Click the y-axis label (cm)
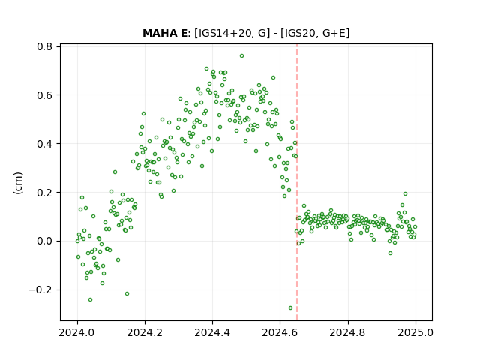pyautogui.click(x=18, y=183)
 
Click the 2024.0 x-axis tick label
pyautogui.click(x=77, y=332)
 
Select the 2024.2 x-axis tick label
pyautogui.click(x=145, y=332)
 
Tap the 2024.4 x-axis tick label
pyautogui.click(x=212, y=332)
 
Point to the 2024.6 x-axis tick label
pyautogui.click(x=280, y=332)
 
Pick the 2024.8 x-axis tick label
pyautogui.click(x=348, y=332)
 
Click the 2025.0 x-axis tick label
pyautogui.click(x=415, y=332)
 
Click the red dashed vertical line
pyautogui.click(x=297, y=182)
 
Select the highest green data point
pyautogui.click(x=241, y=56)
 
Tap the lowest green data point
pyautogui.click(x=290, y=308)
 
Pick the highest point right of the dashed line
pyautogui.click(x=405, y=193)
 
